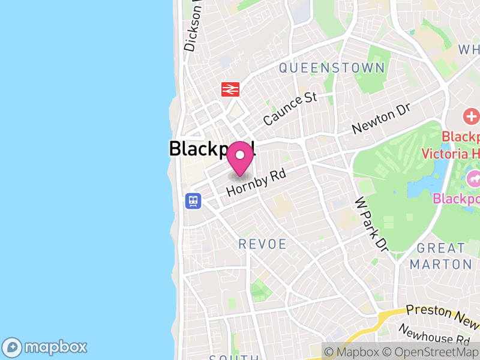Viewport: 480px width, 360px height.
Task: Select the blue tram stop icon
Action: [x=193, y=200]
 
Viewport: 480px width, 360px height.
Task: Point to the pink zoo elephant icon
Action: [x=473, y=178]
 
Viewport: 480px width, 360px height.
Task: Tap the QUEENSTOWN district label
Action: [x=331, y=68]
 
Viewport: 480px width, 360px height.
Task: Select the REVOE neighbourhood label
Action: [x=263, y=244]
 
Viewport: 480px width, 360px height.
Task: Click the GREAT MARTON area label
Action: [x=440, y=256]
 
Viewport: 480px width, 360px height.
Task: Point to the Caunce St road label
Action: [x=290, y=108]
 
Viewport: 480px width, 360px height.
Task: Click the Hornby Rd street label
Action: [x=256, y=181]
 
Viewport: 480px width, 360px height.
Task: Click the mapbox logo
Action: [x=45, y=347]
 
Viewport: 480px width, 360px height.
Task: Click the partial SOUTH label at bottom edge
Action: [x=234, y=358]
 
